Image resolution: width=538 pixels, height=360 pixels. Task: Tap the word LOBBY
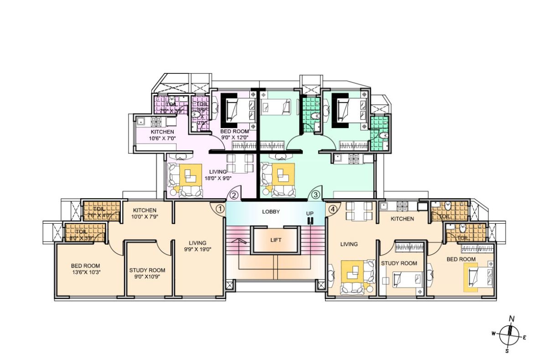tap(271, 212)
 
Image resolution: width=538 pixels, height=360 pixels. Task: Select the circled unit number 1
tap(220, 209)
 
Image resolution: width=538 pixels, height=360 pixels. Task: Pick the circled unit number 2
tap(233, 195)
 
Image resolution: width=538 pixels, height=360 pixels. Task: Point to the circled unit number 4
tap(332, 209)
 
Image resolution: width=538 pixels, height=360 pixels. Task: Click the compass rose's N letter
tap(512, 319)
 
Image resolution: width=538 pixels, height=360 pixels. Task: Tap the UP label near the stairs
tap(310, 213)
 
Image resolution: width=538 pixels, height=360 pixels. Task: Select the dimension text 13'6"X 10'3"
tap(85, 272)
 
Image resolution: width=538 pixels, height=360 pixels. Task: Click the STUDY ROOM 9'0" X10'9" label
tap(145, 273)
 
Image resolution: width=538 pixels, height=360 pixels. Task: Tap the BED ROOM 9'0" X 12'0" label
tap(235, 134)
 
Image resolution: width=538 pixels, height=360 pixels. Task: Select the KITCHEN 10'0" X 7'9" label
tap(145, 213)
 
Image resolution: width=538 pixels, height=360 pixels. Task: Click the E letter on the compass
tap(525, 338)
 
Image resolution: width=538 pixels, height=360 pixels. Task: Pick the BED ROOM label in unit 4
tap(461, 259)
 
